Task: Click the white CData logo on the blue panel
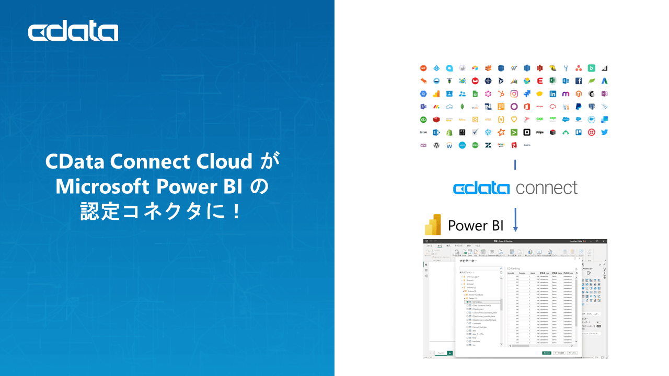73,32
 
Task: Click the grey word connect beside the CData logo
546,188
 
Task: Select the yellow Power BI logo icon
433,225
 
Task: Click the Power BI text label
476,226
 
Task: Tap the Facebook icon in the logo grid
579,81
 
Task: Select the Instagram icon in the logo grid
514,94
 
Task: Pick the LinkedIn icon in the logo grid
552,94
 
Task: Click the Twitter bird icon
604,132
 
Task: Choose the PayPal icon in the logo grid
579,107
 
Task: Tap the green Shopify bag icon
449,132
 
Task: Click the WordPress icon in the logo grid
436,145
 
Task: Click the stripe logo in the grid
539,132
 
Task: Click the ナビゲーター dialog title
468,260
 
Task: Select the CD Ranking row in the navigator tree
479,302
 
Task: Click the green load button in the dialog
546,352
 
